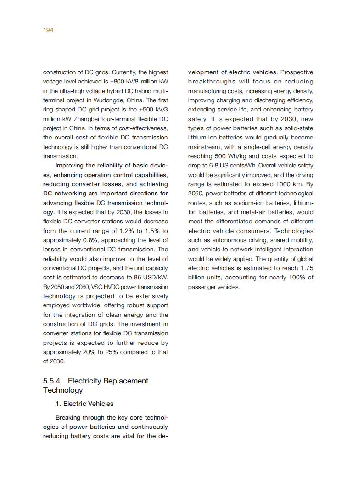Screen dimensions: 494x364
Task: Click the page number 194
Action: [48, 30]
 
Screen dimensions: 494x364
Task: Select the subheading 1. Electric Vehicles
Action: [84, 404]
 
